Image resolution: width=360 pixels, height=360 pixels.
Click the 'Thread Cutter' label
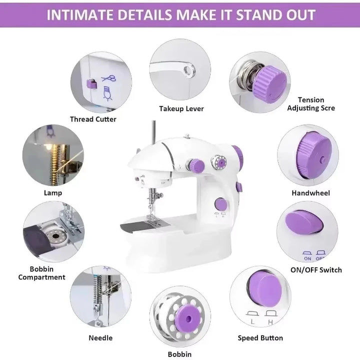click(x=93, y=119)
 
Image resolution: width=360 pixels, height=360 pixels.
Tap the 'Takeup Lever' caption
click(x=181, y=108)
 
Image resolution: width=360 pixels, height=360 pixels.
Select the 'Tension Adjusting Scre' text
click(x=311, y=104)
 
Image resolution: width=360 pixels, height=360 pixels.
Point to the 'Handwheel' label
click(x=310, y=192)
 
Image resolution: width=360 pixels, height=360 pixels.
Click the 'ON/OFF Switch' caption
click(x=316, y=270)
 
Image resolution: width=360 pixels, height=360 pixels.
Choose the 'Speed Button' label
click(x=260, y=338)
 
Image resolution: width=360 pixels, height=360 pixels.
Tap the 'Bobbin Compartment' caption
click(x=42, y=273)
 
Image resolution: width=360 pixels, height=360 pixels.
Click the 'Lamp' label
click(x=52, y=192)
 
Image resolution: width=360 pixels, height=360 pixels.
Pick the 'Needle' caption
click(x=100, y=338)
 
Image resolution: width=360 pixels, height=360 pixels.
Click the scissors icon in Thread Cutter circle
click(x=108, y=78)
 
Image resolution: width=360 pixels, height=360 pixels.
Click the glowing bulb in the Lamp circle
click(x=48, y=146)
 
